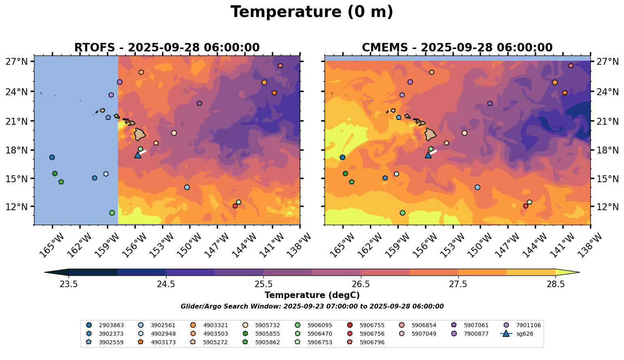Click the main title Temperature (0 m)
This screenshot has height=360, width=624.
[312, 12]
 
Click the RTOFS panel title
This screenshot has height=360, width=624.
[167, 48]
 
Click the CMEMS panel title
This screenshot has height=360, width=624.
[457, 48]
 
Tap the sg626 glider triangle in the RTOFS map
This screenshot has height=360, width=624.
[138, 155]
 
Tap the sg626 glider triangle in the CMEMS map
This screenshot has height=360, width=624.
[428, 155]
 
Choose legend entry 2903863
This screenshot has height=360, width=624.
[105, 325]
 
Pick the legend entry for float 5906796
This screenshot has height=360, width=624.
[366, 343]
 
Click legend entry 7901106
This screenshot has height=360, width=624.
[523, 325]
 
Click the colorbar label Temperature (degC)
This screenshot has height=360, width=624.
[312, 296]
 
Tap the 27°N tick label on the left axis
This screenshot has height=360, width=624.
[17, 62]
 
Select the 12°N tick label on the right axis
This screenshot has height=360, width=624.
[607, 207]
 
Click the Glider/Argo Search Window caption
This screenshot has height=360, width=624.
[312, 307]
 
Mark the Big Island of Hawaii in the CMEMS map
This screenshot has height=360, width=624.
[430, 134]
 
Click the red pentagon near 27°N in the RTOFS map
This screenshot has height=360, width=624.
[280, 66]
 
